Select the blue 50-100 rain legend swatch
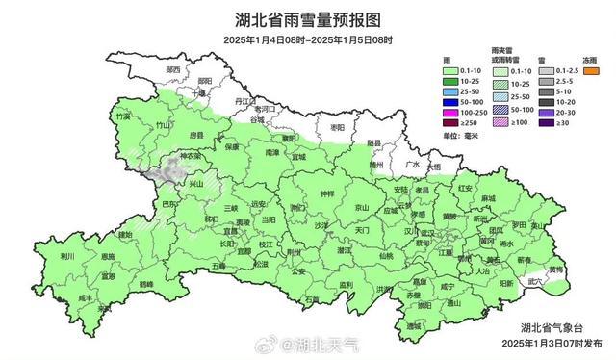[451, 101]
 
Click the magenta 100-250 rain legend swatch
[451, 112]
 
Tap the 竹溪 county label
[122, 116]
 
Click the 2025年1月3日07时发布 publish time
[552, 342]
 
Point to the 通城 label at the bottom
[414, 326]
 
